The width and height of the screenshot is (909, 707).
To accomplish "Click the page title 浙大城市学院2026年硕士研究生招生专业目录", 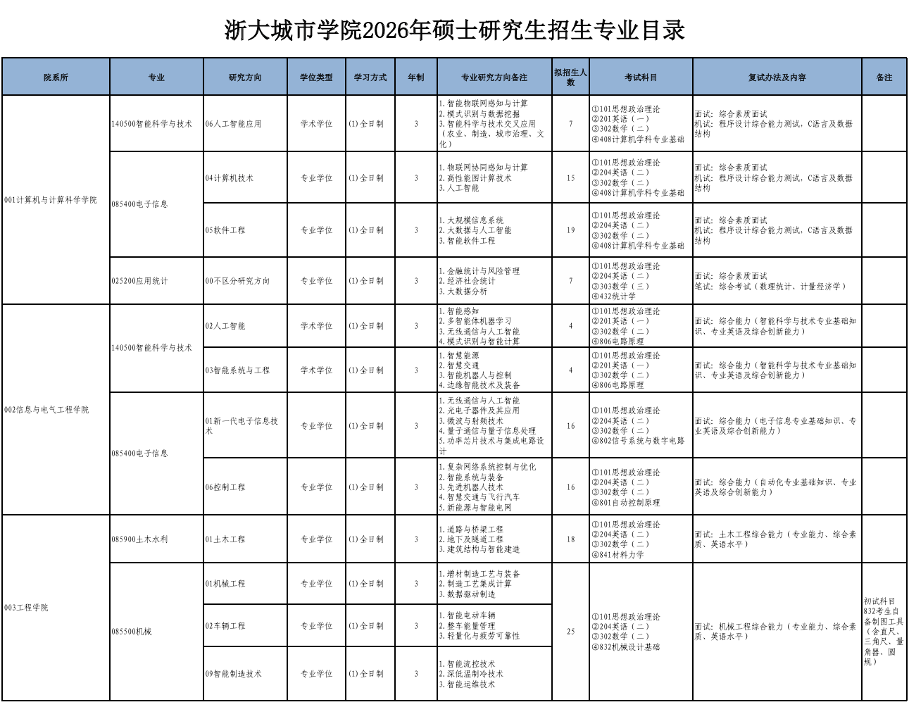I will (x=454, y=30).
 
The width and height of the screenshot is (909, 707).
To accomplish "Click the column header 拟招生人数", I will (x=570, y=77).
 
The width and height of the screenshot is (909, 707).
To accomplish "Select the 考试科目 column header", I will (x=641, y=77).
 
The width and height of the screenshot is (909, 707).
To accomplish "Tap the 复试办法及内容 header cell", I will (x=777, y=77).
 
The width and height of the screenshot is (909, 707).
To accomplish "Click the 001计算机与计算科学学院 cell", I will (x=51, y=200).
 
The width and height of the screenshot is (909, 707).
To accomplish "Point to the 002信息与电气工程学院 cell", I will (x=46, y=410).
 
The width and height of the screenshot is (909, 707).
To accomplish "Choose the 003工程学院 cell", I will (x=26, y=608).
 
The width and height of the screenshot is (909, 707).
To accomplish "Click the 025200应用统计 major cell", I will (x=139, y=281).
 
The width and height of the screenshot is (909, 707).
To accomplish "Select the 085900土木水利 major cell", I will (x=139, y=539).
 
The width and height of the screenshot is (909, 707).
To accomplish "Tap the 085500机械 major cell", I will (x=132, y=632).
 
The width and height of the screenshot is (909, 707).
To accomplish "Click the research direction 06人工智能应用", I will (x=233, y=124).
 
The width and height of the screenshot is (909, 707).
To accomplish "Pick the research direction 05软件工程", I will (x=225, y=230).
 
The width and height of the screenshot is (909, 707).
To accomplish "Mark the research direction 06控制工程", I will (x=225, y=487).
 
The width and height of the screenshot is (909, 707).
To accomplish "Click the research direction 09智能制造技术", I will (x=233, y=674).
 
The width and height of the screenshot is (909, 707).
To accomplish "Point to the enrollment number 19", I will (x=570, y=230).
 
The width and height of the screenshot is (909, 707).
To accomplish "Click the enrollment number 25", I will (x=570, y=632).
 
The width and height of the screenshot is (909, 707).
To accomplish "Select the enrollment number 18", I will (x=570, y=539).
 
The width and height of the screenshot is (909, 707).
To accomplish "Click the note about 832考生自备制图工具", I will (x=884, y=632).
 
